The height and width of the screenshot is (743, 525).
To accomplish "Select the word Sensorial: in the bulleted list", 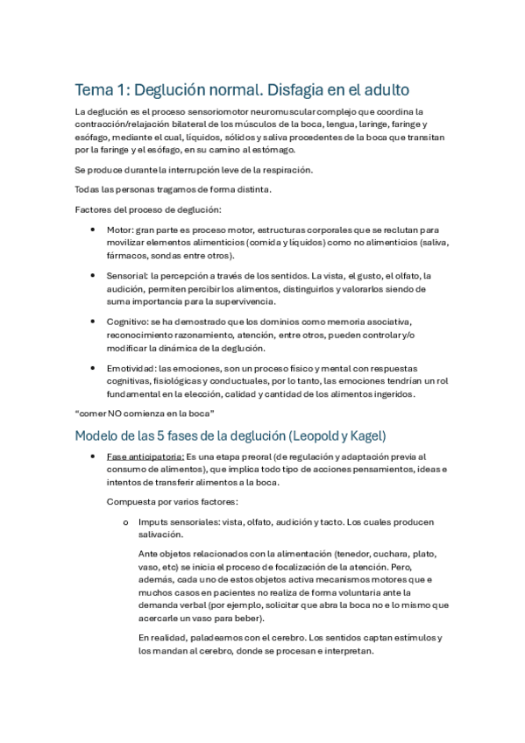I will pos(126,275).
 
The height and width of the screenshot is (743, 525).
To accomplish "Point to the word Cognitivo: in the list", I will pos(128,322).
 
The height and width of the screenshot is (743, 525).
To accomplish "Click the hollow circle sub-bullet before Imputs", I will pos(126,522).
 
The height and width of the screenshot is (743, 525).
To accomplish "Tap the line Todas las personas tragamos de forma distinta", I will pos(173,189).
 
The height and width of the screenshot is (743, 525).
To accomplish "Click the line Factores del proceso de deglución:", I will pos(148,209).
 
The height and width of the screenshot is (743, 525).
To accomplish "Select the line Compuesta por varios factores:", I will pos(174,501).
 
